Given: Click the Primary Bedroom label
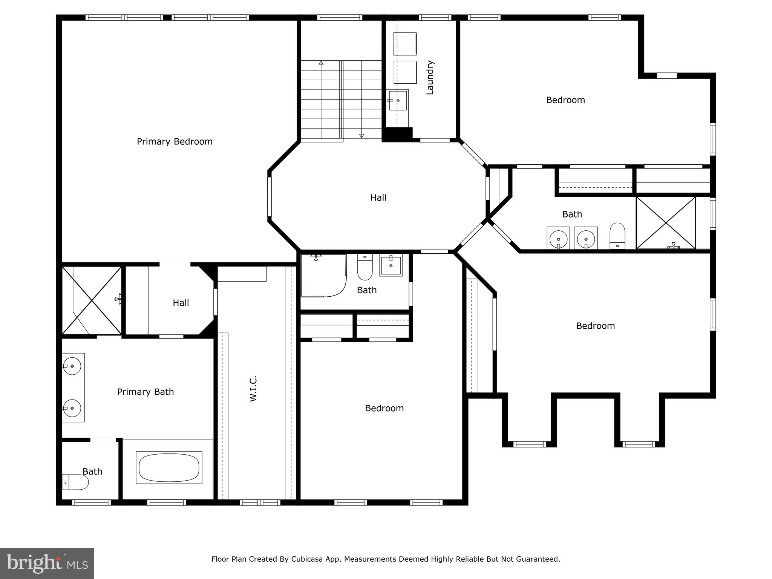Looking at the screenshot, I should pos(175,141).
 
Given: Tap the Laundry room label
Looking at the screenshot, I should pos(430,77).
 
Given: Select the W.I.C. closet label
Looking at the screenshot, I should pos(253,388).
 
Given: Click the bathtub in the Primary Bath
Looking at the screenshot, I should pos(169,467).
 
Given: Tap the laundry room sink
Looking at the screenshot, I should pos(398,101).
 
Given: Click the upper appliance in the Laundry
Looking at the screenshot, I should pos(405,44).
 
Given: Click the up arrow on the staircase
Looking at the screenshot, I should pos(321,63).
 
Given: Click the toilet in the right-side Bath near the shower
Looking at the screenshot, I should pos(617,236).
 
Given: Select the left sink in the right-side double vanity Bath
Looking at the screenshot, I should pos(558,238).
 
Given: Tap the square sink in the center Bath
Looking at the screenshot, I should pos(391,265).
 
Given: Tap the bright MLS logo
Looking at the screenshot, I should pos(47,563).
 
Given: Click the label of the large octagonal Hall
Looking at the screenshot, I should pos(378,198).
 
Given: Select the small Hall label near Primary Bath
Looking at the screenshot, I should pos(181,303).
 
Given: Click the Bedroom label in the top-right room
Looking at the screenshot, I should pos(565,100).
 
